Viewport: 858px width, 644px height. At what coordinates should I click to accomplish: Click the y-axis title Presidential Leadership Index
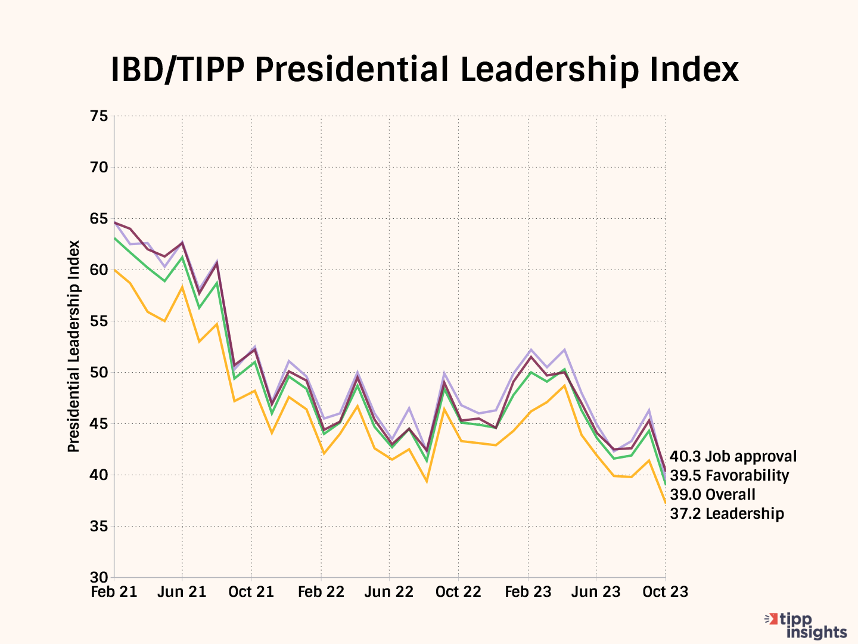click(74, 346)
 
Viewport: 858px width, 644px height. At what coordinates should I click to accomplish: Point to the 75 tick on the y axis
click(100, 116)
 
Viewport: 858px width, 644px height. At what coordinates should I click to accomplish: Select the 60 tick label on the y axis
click(100, 270)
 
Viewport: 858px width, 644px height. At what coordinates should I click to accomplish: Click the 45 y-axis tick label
click(100, 424)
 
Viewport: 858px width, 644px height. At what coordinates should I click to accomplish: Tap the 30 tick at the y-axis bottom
click(100, 578)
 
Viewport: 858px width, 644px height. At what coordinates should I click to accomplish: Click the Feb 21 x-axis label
click(114, 592)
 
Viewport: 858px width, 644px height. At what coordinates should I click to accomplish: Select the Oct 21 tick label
click(251, 592)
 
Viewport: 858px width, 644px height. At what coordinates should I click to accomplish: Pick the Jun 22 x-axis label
click(389, 592)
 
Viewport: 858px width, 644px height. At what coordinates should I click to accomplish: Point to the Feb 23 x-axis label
click(528, 592)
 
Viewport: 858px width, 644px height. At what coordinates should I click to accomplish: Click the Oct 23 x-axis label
click(666, 592)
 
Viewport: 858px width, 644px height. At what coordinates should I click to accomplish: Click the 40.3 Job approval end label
click(733, 457)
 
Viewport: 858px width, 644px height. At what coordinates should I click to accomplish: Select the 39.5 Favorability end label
click(729, 476)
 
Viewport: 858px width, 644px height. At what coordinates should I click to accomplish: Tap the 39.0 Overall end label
click(713, 495)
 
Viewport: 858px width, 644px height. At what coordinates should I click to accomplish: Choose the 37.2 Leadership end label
click(727, 514)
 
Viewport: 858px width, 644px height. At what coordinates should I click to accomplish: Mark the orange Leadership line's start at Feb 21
click(114, 270)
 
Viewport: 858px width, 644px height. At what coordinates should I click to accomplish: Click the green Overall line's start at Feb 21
click(114, 239)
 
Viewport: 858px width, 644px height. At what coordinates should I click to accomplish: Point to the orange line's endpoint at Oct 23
click(665, 503)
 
